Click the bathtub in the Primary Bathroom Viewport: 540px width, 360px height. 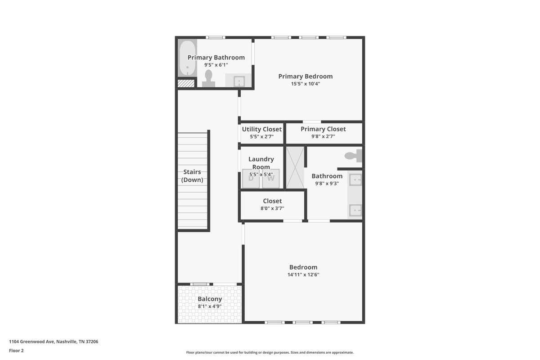[x=187, y=58]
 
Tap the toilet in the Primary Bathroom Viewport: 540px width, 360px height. [x=208, y=79]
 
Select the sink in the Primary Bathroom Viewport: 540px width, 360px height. [x=239, y=81]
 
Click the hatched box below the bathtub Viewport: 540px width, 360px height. [x=186, y=83]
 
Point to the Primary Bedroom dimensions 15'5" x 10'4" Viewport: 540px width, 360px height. [x=306, y=84]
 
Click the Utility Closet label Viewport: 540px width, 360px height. [x=262, y=129]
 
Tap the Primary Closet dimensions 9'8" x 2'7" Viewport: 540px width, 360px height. [x=323, y=136]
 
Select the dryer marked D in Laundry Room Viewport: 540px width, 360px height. [x=251, y=179]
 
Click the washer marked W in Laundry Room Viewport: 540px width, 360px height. [x=271, y=179]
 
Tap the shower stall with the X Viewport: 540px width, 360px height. [x=295, y=167]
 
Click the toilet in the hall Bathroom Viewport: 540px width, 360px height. [x=353, y=156]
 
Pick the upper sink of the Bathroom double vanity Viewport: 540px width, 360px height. [x=355, y=180]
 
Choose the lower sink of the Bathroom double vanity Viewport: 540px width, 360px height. [x=355, y=210]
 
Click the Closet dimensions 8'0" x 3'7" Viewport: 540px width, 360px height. [x=272, y=208]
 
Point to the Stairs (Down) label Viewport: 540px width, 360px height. [x=192, y=176]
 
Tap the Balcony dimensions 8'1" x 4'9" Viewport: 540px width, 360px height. [x=210, y=306]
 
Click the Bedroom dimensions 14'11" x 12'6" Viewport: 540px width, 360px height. [x=303, y=274]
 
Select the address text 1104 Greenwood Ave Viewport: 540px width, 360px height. [x=32, y=342]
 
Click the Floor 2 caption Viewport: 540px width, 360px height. [x=16, y=351]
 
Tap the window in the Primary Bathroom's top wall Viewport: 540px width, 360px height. [x=216, y=37]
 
